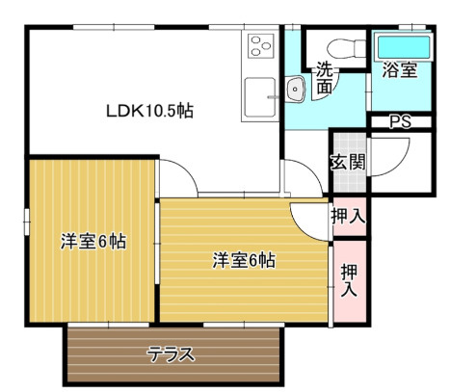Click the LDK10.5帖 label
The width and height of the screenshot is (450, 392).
point(149,111)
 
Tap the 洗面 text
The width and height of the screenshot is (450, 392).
point(325,78)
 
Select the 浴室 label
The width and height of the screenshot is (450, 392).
point(399,70)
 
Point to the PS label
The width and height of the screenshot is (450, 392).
point(399,121)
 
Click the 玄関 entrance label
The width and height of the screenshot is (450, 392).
point(348,162)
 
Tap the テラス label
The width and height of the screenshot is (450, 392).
point(172,353)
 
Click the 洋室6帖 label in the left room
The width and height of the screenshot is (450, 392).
point(93,241)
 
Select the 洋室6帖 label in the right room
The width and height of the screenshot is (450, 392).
point(244,259)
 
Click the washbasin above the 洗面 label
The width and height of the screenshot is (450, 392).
point(296,90)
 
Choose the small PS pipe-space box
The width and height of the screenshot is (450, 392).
point(399,122)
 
